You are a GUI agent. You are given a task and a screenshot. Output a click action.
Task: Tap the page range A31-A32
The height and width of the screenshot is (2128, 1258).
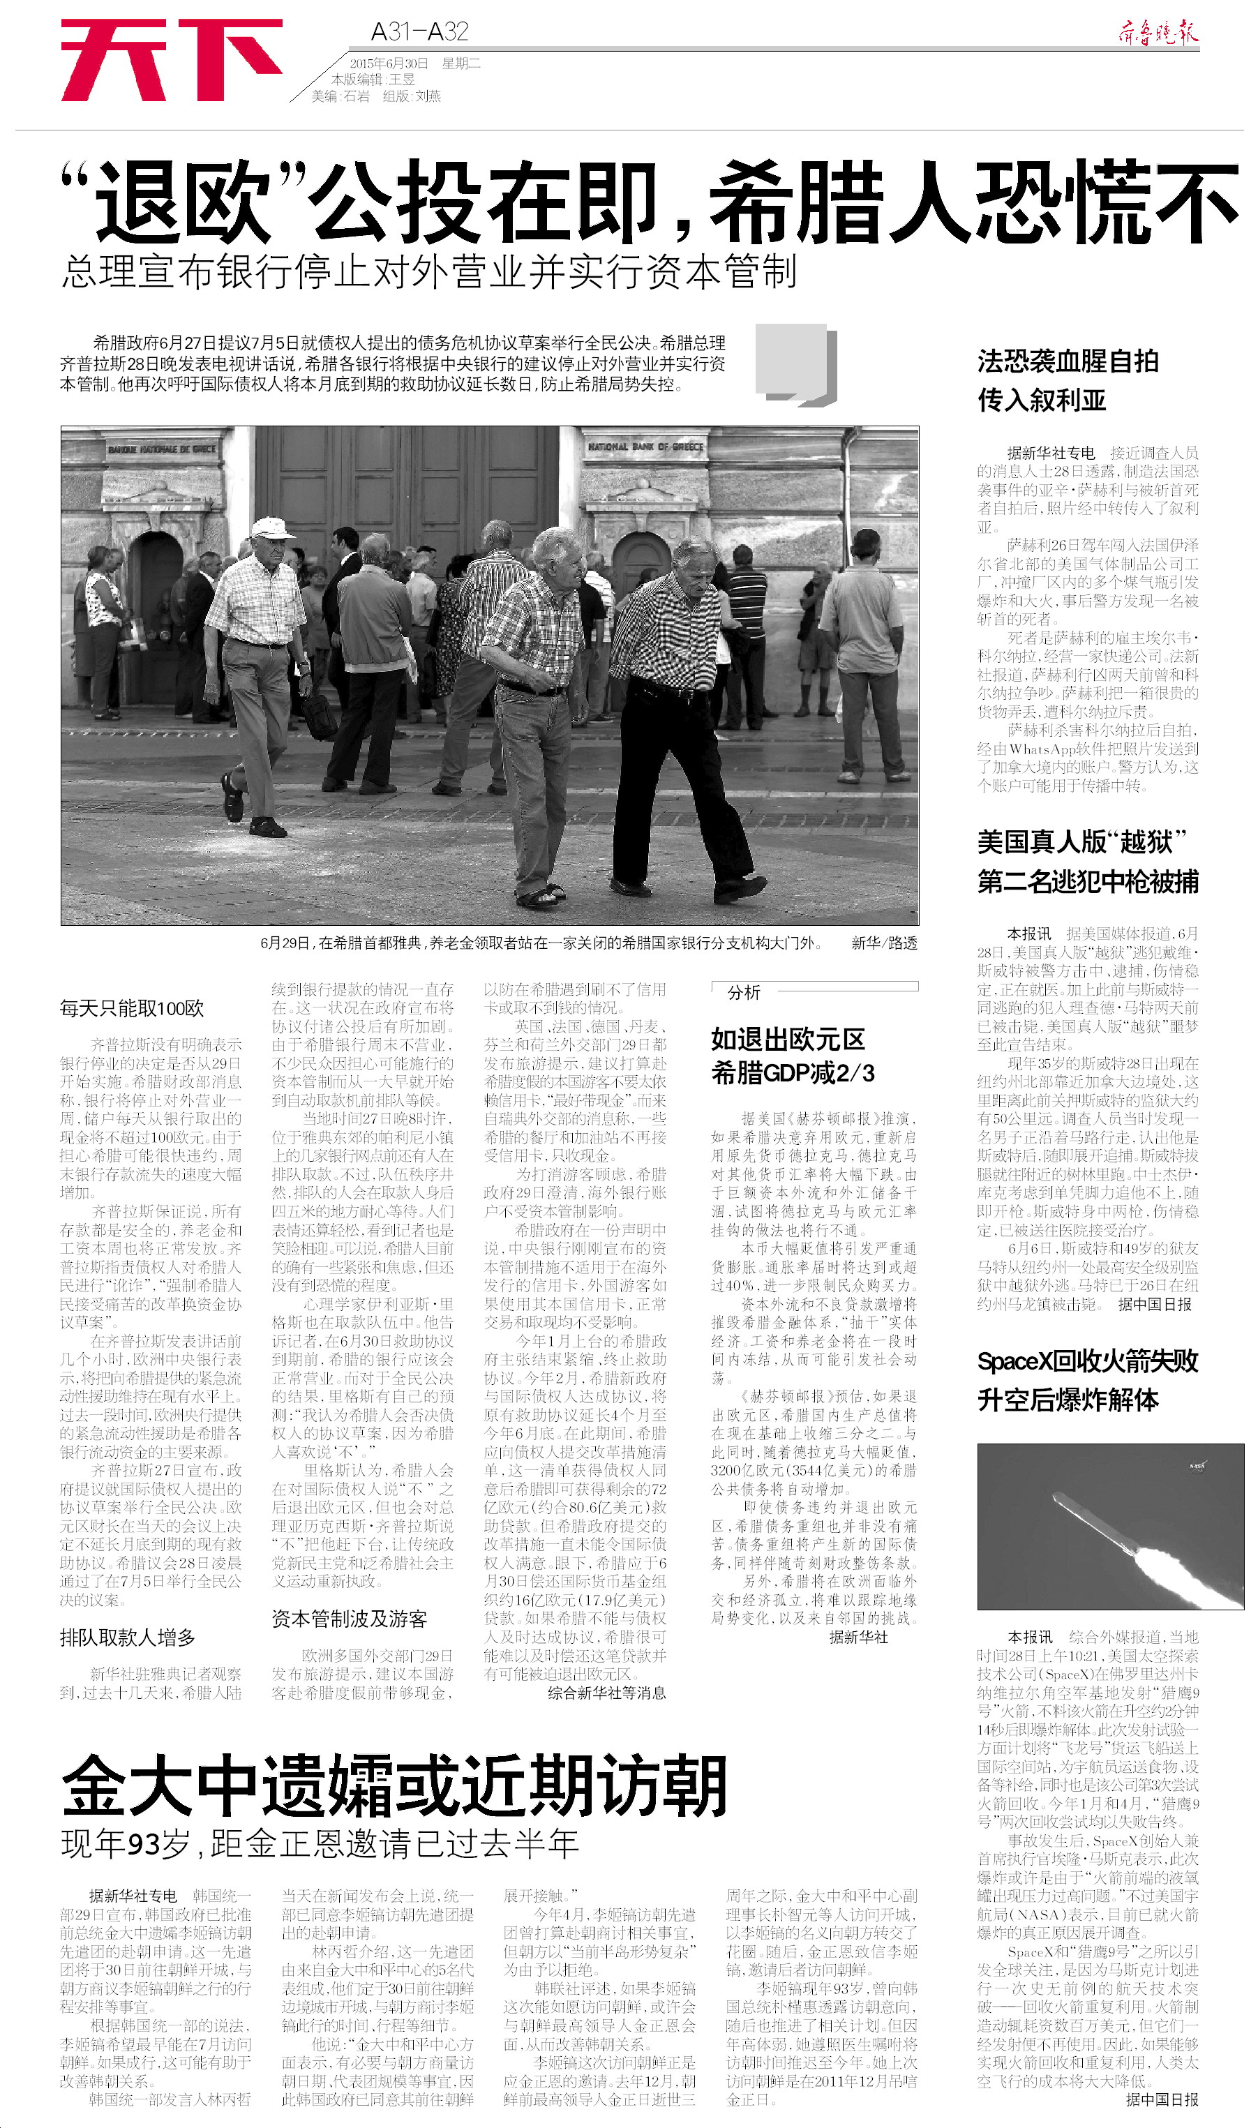click(x=419, y=32)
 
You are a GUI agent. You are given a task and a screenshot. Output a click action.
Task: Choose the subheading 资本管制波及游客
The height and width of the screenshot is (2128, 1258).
click(x=350, y=1619)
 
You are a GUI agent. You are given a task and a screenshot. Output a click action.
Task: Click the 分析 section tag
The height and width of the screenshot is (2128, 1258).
click(x=744, y=992)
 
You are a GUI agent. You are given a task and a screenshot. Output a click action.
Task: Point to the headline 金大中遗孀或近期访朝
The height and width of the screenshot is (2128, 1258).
click(x=394, y=1784)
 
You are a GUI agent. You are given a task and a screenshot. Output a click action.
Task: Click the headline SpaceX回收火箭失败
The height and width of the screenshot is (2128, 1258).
click(x=1088, y=1361)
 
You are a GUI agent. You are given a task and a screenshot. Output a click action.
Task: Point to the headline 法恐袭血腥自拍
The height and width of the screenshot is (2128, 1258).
click(x=1068, y=362)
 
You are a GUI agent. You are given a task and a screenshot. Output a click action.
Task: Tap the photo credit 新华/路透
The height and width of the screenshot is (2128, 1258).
click(x=884, y=943)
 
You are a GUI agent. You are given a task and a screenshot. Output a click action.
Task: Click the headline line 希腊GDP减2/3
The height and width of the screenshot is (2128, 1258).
click(x=793, y=1074)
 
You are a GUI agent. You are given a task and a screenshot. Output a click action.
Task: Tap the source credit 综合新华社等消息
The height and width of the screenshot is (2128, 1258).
click(x=606, y=1693)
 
